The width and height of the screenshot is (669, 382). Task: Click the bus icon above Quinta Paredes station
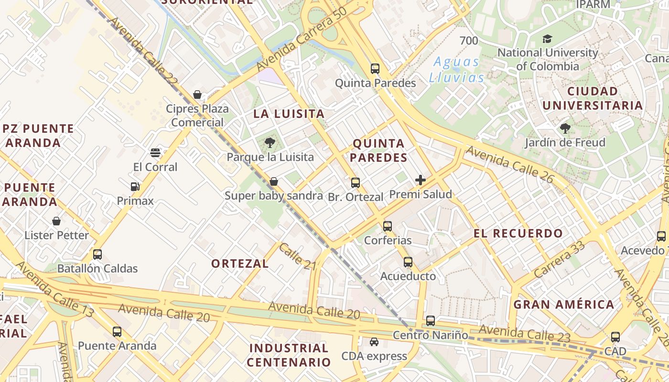click(375, 68)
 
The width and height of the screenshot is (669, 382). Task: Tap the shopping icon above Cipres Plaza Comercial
click(197, 95)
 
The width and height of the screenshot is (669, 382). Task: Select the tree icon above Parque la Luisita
click(270, 142)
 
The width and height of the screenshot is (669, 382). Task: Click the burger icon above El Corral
click(155, 153)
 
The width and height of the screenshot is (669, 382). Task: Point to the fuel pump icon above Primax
click(135, 186)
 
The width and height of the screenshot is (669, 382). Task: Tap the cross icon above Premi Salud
click(421, 180)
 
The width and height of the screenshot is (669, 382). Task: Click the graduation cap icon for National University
click(547, 39)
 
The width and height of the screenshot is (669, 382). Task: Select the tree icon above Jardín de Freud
click(565, 128)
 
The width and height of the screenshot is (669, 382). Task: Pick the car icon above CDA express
click(374, 342)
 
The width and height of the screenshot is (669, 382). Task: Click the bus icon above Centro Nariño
click(431, 321)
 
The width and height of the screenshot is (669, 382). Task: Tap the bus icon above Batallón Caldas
click(97, 254)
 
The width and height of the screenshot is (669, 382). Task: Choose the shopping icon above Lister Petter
click(56, 221)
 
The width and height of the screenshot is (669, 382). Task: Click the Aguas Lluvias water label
click(456, 70)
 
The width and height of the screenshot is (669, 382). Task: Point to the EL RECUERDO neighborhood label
click(518, 233)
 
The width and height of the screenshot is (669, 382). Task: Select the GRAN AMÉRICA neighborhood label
click(564, 304)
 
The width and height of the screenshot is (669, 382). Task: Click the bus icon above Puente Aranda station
click(117, 331)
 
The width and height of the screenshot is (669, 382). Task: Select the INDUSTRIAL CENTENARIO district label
click(289, 355)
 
